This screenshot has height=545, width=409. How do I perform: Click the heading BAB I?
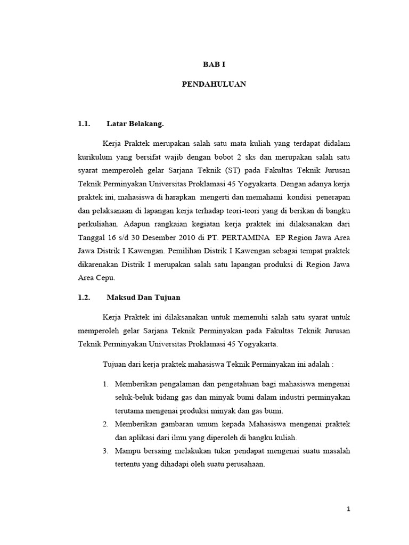coord(214,64)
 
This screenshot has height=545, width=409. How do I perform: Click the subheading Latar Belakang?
coord(135,125)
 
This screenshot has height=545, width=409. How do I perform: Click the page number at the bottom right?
coord(348,509)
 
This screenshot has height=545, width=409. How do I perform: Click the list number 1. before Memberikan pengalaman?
coord(105,384)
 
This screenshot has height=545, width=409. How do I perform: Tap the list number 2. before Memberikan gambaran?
coord(105,424)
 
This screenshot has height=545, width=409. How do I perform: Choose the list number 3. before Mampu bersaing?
coord(105,450)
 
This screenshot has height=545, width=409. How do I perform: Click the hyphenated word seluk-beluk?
coord(132,397)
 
